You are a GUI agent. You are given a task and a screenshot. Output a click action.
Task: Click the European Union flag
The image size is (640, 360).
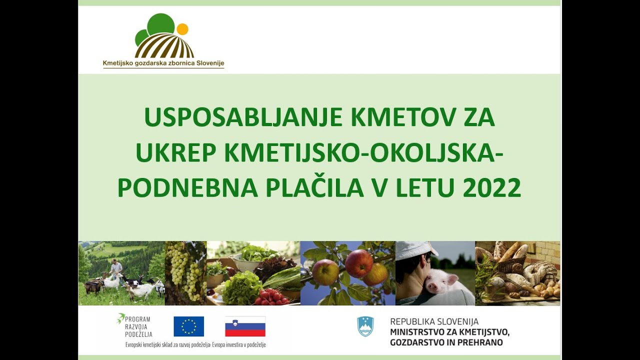tap(188, 326)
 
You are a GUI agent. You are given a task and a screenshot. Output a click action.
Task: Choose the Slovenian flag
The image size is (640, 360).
tap(245, 326)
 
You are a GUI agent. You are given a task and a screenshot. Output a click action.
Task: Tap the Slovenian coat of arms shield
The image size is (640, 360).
tap(365, 326)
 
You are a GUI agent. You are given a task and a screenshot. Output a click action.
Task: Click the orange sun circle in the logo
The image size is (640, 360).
tap(182, 29)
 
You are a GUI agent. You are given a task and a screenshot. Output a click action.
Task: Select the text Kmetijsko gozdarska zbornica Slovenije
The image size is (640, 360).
tap(163, 63)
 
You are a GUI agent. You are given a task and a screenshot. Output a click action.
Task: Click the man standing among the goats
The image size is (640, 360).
tap(116, 270)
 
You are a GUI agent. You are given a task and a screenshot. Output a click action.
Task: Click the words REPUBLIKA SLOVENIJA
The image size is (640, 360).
tap(434, 321)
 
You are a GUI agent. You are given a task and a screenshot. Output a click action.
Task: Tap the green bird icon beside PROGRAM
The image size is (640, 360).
tap(120, 317)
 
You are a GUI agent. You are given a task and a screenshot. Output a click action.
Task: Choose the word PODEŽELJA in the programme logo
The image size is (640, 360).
tap(138, 334)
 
